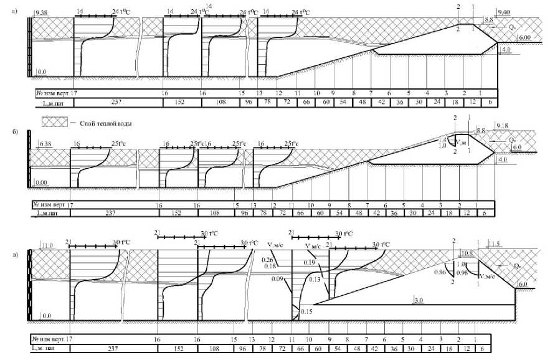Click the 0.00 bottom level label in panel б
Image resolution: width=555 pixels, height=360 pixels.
pyautogui.click(x=41, y=182)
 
